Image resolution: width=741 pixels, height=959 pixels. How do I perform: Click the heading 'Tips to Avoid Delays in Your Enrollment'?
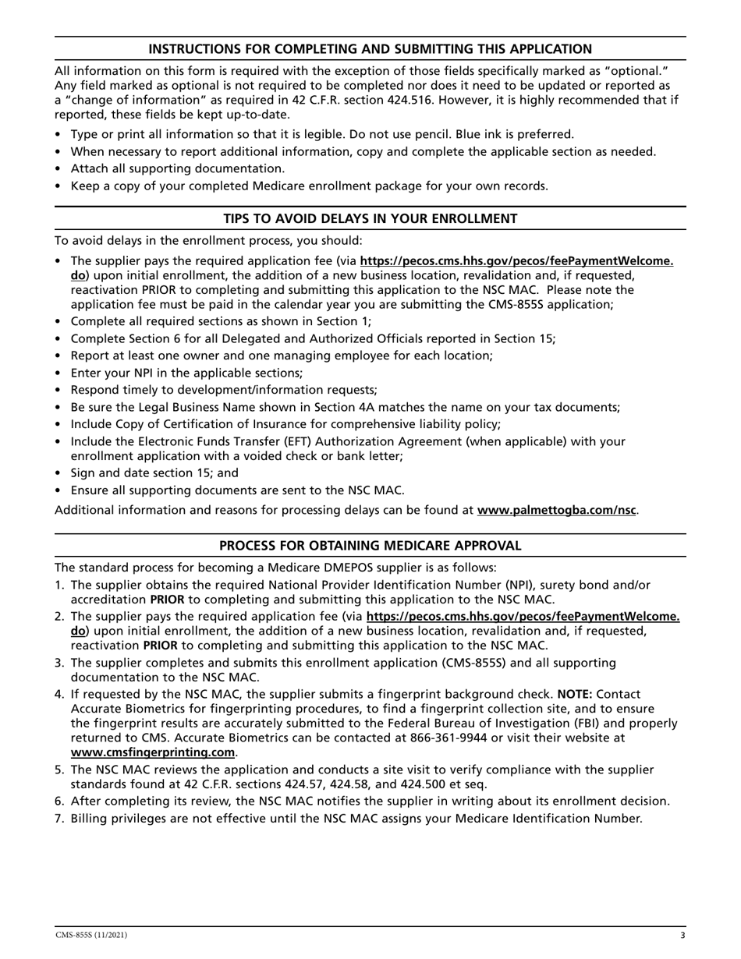(370, 219)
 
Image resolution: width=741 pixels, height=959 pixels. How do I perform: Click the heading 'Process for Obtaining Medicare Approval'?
(370, 546)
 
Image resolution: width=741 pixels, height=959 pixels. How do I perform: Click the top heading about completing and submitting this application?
(370, 49)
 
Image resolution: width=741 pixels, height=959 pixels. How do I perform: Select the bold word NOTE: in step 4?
(575, 693)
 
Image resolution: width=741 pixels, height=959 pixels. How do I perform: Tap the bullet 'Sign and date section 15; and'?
(154, 472)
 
